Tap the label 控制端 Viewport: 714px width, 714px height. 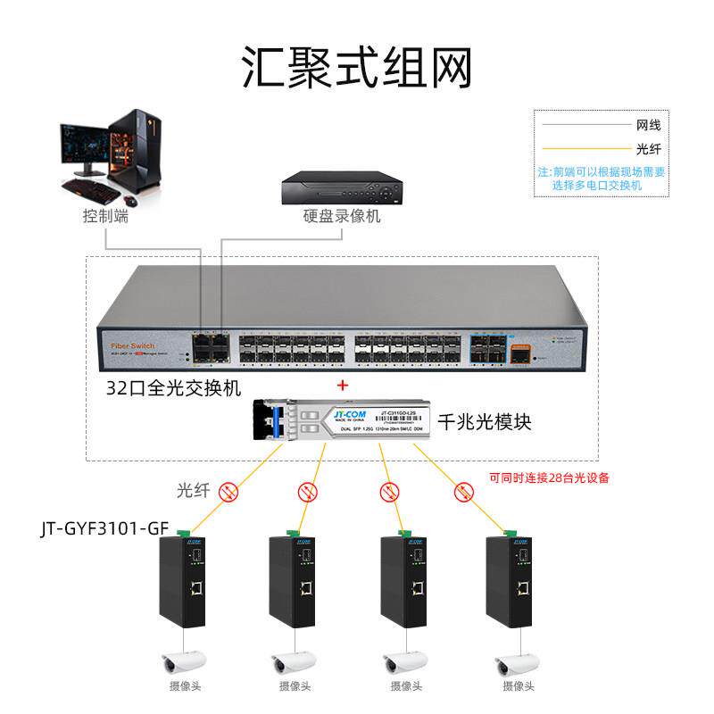[105, 216]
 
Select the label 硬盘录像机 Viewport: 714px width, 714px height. [342, 216]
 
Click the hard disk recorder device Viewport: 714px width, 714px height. [342, 187]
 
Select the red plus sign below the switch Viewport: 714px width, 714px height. [340, 386]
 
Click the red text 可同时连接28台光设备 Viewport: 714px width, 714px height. [549, 477]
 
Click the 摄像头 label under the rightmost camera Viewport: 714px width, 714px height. [519, 686]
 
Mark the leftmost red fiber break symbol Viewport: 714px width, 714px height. [229, 490]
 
